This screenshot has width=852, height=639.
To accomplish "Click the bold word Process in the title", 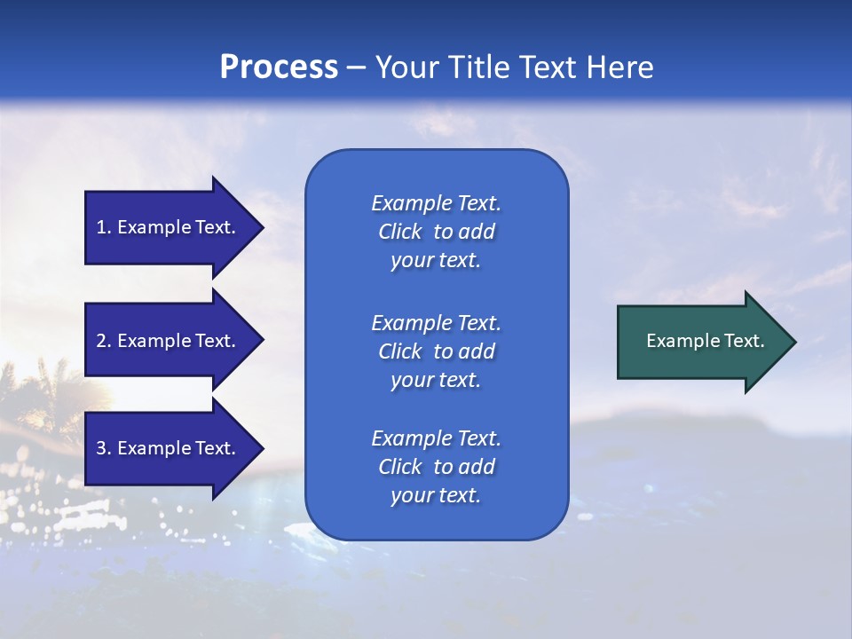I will [279, 67].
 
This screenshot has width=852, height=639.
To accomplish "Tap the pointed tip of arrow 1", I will [261, 227].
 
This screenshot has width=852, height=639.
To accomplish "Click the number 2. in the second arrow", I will [104, 341].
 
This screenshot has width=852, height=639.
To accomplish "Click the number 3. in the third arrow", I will [104, 448].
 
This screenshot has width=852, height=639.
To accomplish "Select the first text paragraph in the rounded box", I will [436, 232].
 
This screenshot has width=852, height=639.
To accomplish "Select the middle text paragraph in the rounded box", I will [436, 351].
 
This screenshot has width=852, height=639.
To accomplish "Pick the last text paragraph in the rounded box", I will [436, 467].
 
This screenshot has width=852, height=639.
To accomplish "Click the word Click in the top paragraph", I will [400, 232].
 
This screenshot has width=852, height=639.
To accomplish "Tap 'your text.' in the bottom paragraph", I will [436, 495].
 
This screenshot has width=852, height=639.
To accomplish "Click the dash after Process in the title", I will [356, 68].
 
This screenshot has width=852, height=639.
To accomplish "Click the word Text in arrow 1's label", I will [213, 227].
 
